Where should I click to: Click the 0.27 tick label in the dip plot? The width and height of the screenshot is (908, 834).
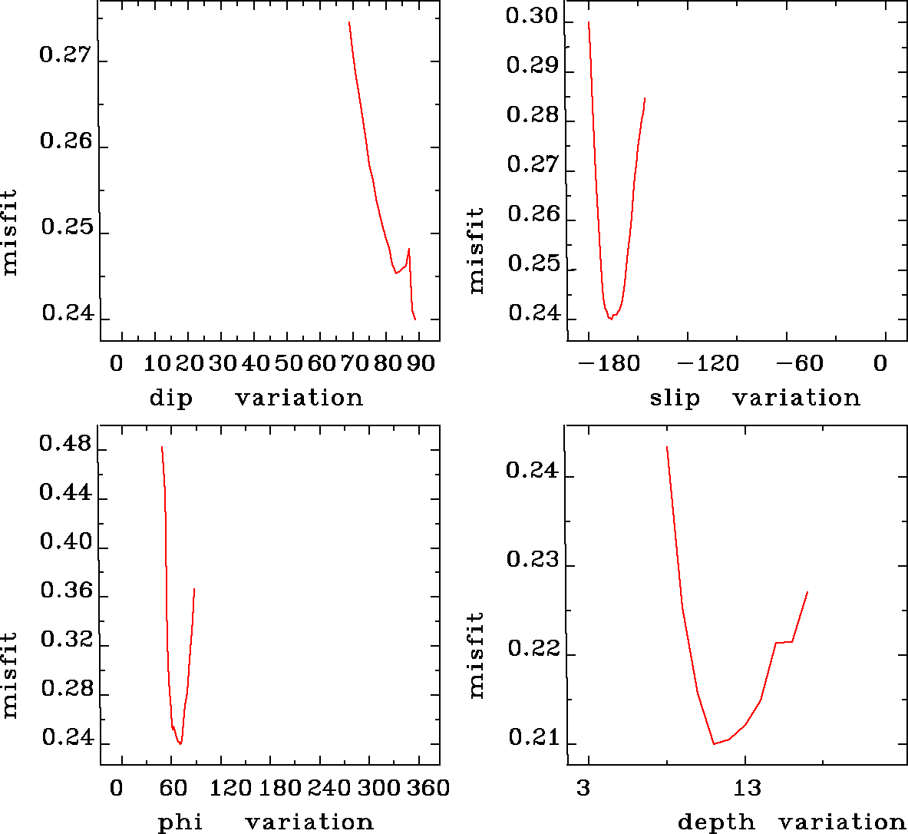pos(64,57)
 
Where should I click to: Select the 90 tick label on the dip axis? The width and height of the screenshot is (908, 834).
pos(421,363)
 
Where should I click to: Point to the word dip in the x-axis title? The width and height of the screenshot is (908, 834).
pos(170,399)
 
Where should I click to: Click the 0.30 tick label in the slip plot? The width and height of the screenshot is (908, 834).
pos(531,18)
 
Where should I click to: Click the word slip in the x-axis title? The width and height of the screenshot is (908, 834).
pos(675,399)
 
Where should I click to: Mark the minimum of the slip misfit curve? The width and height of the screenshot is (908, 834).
pos(611,319)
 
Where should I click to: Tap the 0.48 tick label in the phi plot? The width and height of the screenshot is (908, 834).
pos(64,445)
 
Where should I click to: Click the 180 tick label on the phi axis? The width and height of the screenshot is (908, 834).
pos(281,788)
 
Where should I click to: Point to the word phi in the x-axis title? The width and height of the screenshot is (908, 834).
pos(180,822)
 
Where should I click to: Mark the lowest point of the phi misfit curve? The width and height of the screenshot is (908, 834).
pos(180,743)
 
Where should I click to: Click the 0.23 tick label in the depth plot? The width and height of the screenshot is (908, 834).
pos(531,560)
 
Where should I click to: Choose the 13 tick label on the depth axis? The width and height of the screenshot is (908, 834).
pos(747,788)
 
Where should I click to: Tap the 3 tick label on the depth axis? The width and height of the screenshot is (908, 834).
pos(585,788)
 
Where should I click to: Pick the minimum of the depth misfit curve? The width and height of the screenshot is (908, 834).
pos(714,743)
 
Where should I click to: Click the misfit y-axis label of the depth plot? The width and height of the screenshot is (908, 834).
pos(477,654)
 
